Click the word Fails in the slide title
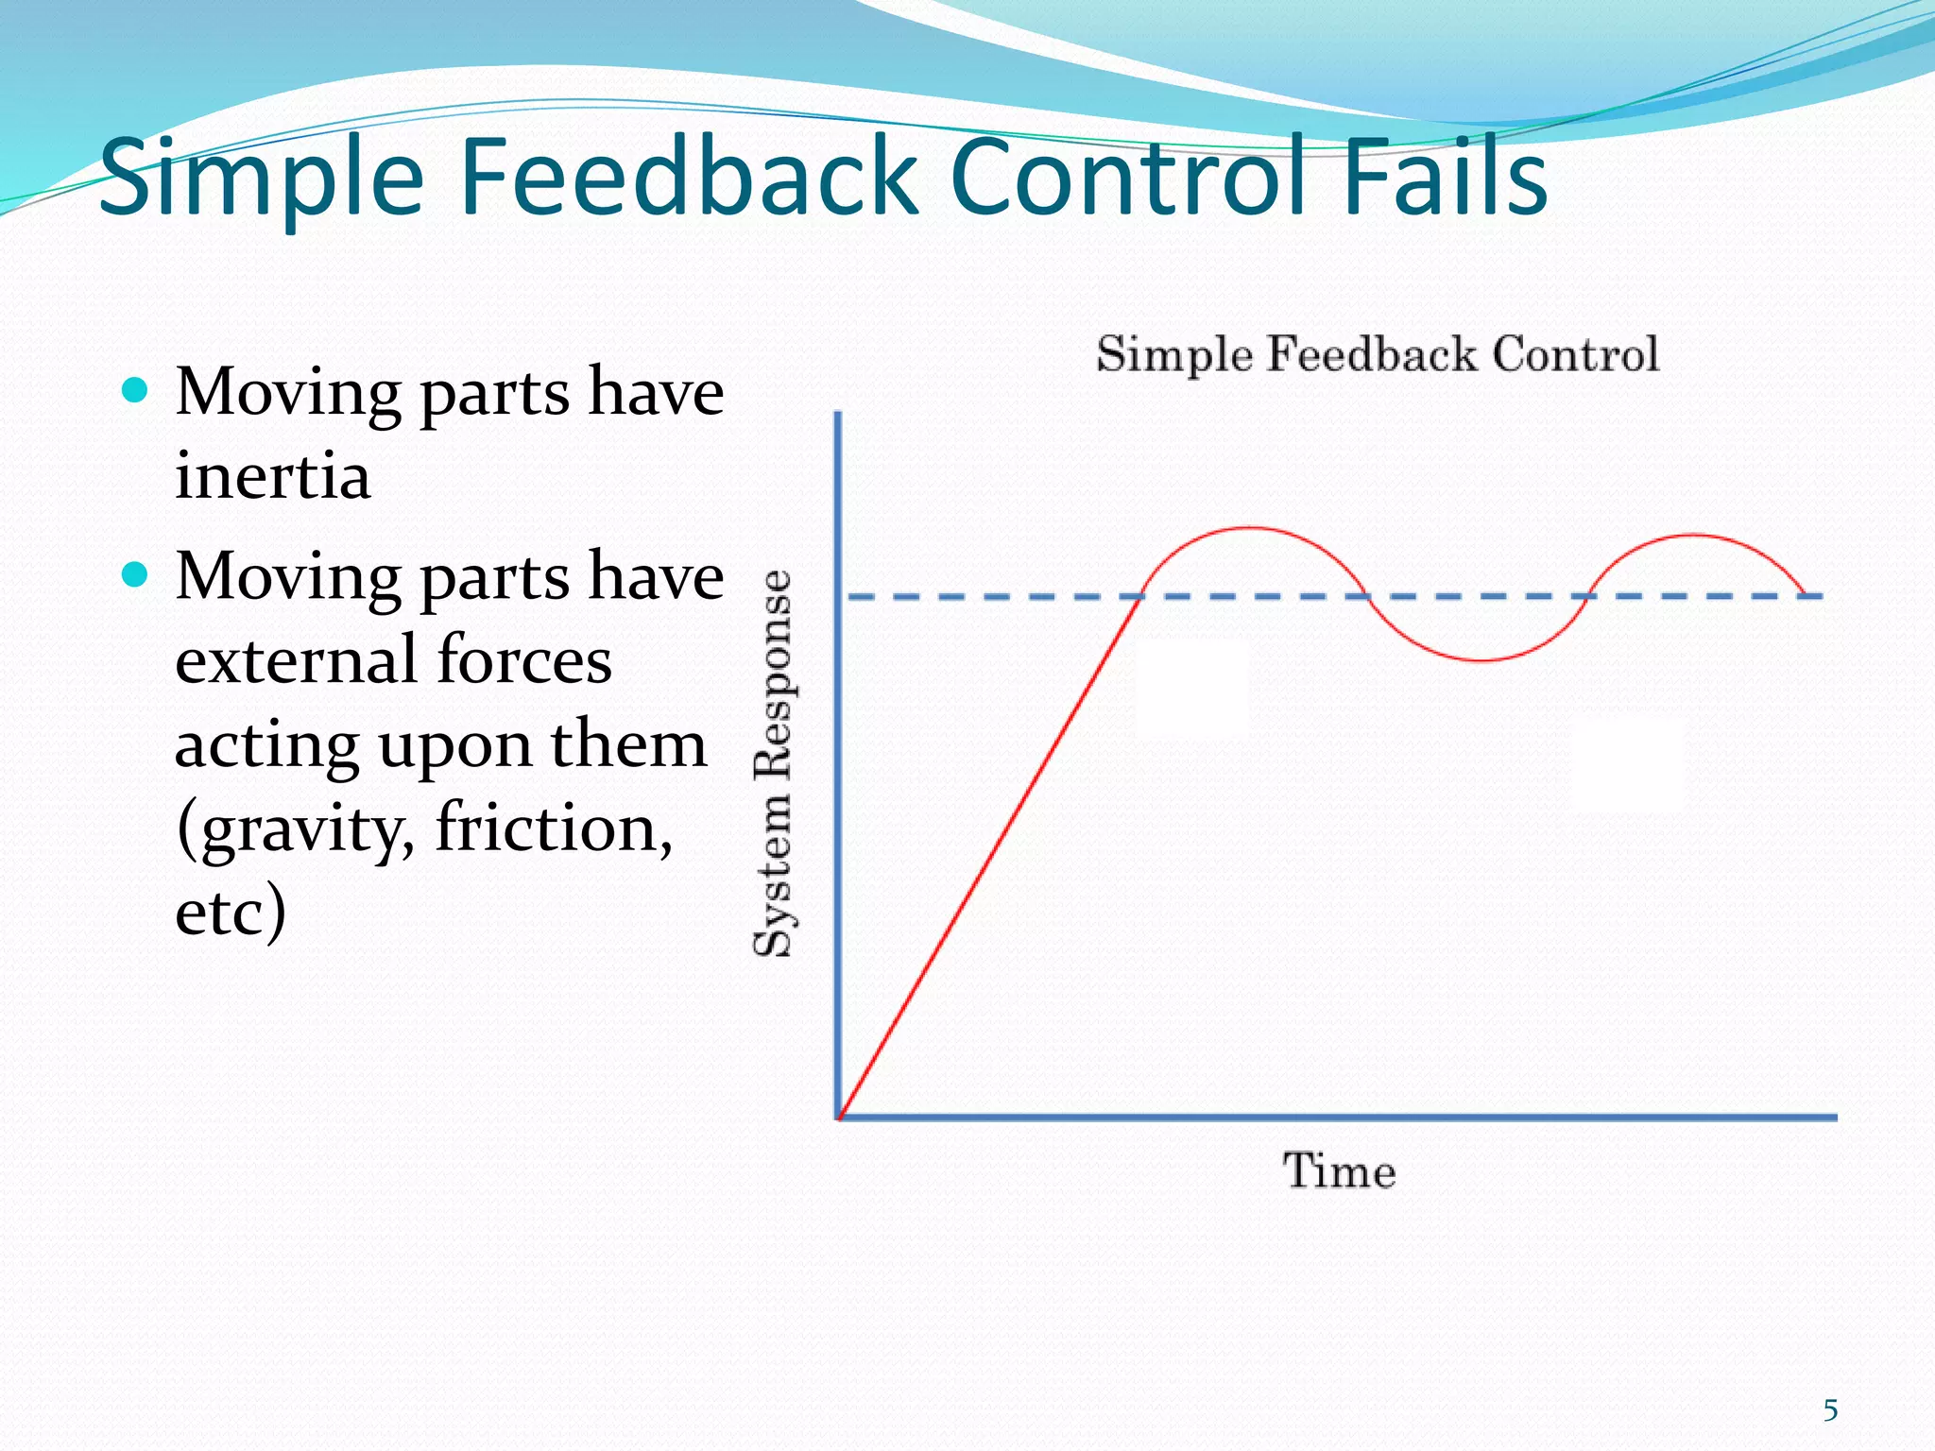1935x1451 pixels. click(1444, 178)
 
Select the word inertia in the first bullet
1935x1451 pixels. click(272, 475)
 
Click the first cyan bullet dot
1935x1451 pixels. click(136, 390)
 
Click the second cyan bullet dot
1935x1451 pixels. click(136, 574)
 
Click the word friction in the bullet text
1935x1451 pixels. click(554, 827)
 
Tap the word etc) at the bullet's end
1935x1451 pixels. click(231, 911)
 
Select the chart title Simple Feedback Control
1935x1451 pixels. click(1377, 355)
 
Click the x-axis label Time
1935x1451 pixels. click(1339, 1171)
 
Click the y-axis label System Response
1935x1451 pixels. click(774, 763)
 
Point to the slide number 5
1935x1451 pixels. click(1830, 1410)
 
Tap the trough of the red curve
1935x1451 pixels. click(1481, 659)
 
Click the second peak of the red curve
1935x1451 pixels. click(1694, 536)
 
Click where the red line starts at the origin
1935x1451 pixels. click(841, 1117)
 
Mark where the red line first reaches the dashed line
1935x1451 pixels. click(1140, 596)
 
